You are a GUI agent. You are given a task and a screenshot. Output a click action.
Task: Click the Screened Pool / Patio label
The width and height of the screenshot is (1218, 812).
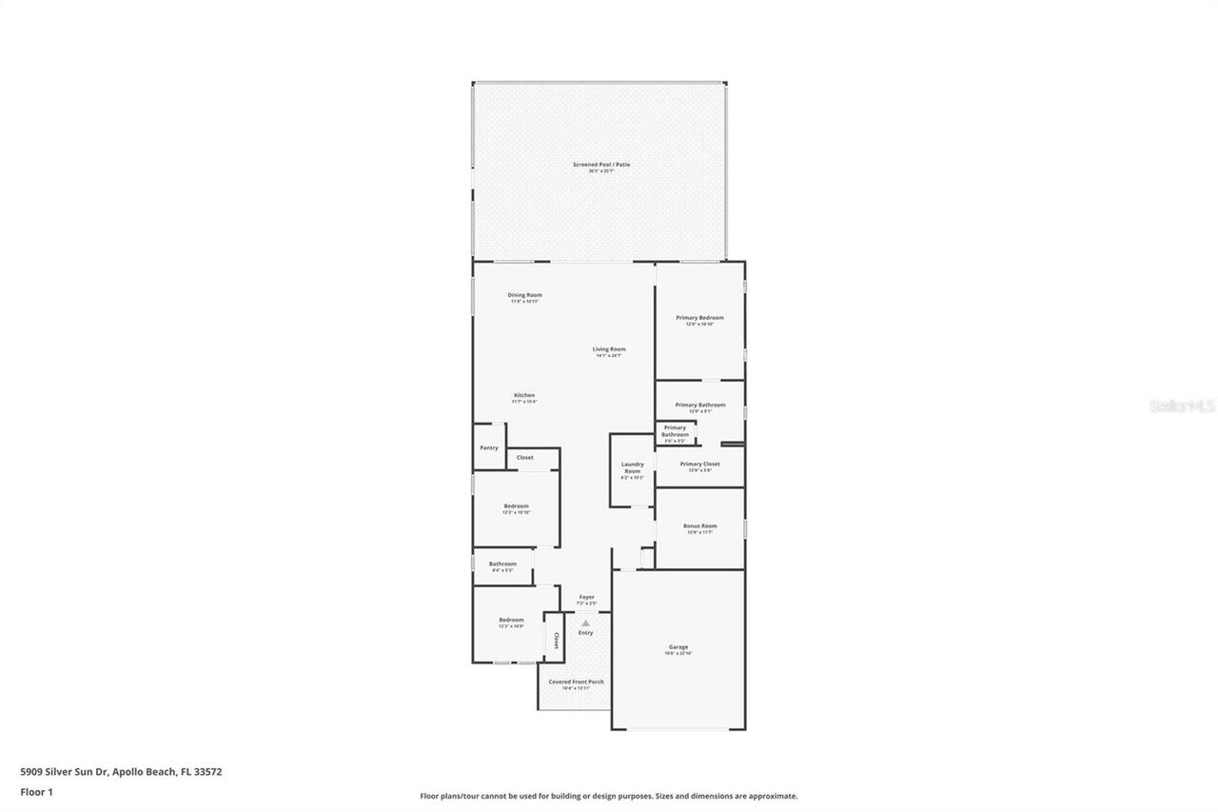[600, 166]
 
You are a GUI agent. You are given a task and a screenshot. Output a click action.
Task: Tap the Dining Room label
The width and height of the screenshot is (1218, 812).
[524, 296]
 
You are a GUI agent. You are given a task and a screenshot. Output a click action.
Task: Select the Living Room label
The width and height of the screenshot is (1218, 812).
[609, 350]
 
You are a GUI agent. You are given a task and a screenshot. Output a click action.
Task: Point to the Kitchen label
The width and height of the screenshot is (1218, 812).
[524, 396]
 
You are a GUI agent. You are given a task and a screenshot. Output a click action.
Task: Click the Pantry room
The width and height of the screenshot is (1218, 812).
[489, 447]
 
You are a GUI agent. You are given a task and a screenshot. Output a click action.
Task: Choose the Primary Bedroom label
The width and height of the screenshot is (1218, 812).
[699, 318]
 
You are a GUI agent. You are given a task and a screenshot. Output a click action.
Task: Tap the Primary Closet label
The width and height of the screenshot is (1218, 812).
[699, 465]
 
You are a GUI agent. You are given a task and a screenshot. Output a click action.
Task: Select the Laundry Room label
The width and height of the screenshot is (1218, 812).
[632, 468]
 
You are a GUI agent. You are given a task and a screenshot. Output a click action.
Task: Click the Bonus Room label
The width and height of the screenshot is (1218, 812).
[699, 526]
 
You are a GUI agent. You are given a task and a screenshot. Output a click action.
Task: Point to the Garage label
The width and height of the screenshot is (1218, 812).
[678, 647]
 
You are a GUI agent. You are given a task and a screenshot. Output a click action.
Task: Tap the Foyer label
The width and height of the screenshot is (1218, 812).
[587, 598]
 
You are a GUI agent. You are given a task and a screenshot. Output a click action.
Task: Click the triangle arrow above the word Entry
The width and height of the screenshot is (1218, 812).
[585, 623]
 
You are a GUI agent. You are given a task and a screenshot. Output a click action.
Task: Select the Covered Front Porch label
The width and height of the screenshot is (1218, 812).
[577, 683]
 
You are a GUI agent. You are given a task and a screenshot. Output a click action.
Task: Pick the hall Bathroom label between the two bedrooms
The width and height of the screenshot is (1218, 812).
[502, 564]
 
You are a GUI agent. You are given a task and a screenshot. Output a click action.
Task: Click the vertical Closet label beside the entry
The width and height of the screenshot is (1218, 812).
[556, 641]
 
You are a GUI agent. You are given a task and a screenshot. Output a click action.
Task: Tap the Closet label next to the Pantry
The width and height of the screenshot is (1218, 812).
[524, 458]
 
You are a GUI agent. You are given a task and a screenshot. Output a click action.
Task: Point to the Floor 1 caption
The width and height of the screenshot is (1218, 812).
[36, 791]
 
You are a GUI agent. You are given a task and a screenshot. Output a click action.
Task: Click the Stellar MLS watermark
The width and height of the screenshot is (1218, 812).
[1182, 406]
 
